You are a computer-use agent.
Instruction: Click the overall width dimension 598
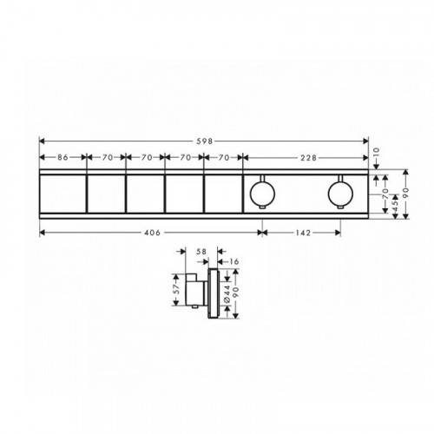coord(205,141)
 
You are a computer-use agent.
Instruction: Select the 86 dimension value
coord(62,157)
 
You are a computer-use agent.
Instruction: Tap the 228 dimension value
coord(309,158)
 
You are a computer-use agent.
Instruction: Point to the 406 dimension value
coord(152,233)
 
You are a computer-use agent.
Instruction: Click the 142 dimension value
coord(303,233)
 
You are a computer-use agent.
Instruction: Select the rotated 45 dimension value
coord(395,202)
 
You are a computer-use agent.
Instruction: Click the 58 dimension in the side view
coord(201,252)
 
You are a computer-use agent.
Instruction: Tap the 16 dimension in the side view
coord(233,261)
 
